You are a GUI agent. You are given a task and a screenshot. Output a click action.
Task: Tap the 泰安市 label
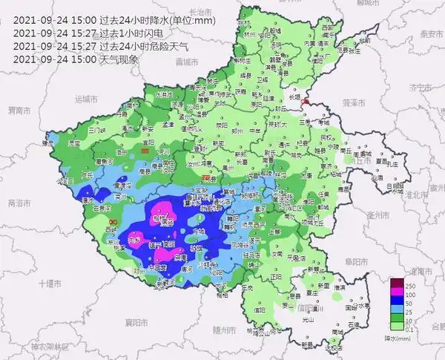click(x=431, y=34)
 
